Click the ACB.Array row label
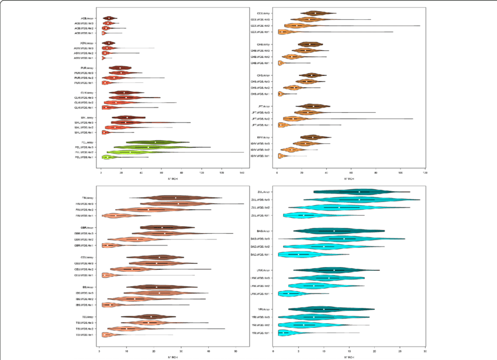point(89,18)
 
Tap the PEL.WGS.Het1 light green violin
point(109,157)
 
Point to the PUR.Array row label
point(89,68)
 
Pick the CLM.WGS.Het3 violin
point(126,98)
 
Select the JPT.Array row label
point(263,106)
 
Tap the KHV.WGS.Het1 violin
point(281,156)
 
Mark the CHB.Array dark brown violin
point(308,44)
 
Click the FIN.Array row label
point(89,198)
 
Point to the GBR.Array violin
point(164,227)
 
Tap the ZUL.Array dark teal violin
point(360,192)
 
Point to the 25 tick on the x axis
point(399,351)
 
